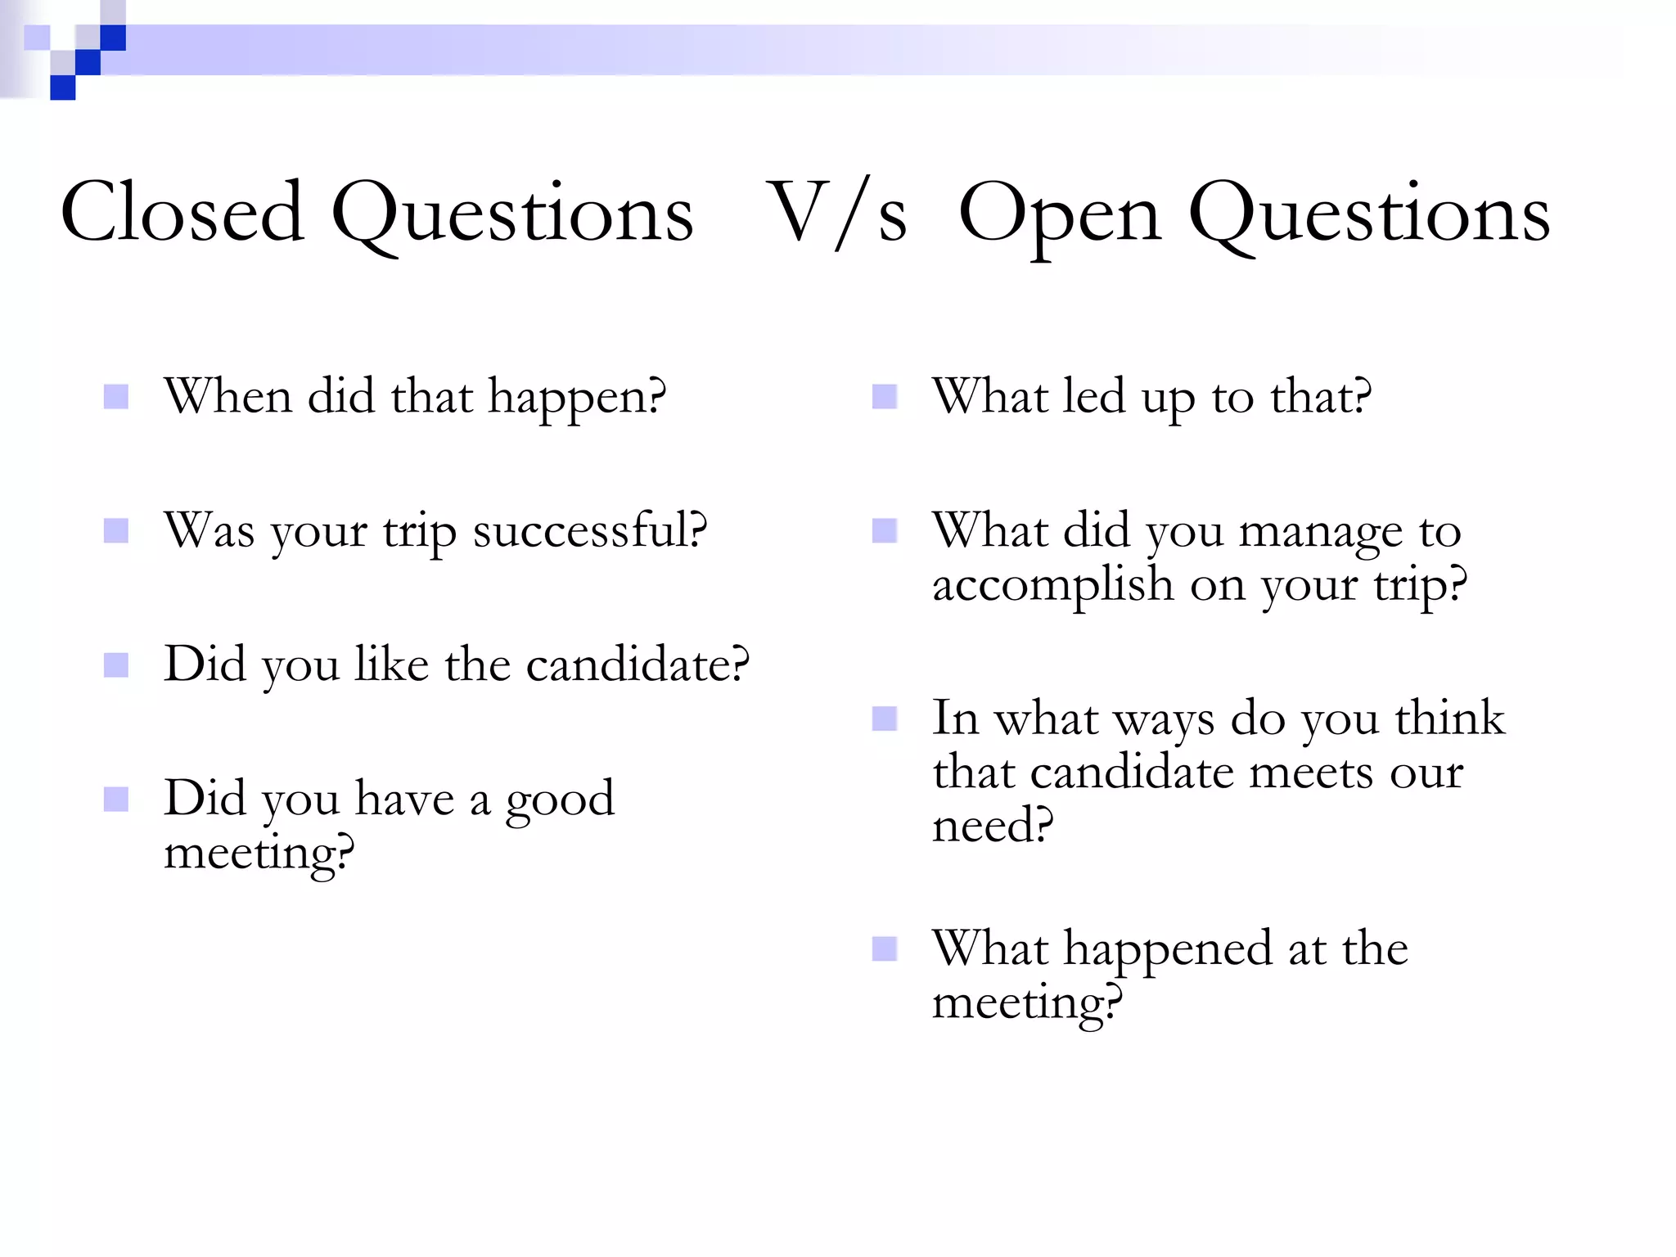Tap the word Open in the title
pyautogui.click(x=1059, y=214)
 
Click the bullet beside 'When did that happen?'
pyautogui.click(x=116, y=397)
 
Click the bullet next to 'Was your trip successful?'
pyautogui.click(x=116, y=531)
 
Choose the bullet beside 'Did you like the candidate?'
pyautogui.click(x=116, y=665)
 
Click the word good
pyautogui.click(x=559, y=800)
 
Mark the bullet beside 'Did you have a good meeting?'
pyautogui.click(x=116, y=799)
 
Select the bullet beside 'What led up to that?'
pyautogui.click(x=885, y=397)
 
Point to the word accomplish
pyautogui.click(x=1053, y=585)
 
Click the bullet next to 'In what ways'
pyautogui.click(x=885, y=719)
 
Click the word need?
pyautogui.click(x=992, y=825)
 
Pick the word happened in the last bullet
pyautogui.click(x=1168, y=951)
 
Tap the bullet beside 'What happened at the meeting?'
pyautogui.click(x=885, y=949)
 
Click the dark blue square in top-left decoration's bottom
pyautogui.click(x=63, y=88)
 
